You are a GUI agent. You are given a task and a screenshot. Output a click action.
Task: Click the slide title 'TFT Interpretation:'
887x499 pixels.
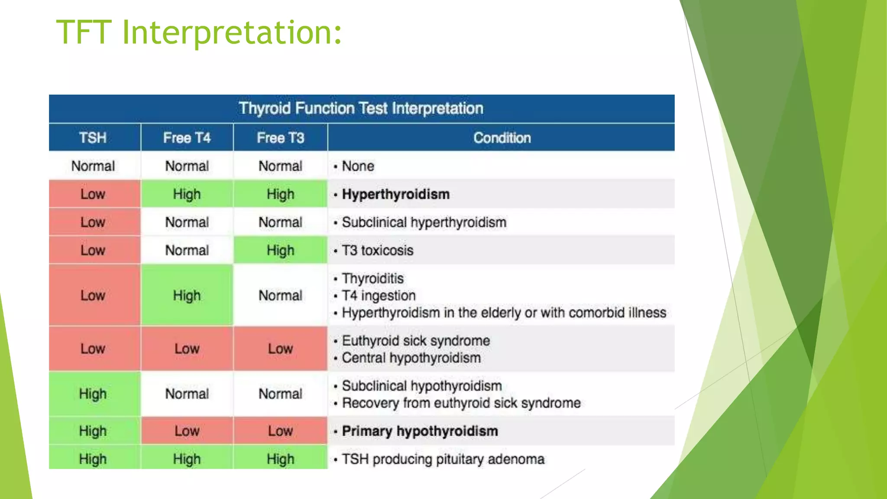coord(199,32)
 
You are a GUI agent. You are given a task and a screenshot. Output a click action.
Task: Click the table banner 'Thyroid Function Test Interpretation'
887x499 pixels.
coord(361,108)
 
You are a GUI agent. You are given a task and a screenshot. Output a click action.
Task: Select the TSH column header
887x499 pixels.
coord(93,138)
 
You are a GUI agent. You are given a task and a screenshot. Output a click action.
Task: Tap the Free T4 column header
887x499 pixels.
coord(187,138)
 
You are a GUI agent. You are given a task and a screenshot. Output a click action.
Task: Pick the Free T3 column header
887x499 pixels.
coord(280,138)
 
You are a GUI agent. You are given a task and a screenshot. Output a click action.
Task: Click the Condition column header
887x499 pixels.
coord(502,138)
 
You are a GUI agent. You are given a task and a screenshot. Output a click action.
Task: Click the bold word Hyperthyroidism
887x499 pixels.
coord(395,194)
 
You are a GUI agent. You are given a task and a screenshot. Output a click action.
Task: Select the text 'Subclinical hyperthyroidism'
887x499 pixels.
coord(424,222)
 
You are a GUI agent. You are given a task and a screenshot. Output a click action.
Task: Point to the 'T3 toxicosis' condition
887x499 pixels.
coord(377,250)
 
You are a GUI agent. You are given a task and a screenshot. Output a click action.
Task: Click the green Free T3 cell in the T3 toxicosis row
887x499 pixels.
coord(280,250)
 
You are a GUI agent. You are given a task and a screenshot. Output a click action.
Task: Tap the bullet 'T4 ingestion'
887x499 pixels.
coord(379,295)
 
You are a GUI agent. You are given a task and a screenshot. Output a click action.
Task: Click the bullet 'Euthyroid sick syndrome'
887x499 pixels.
coord(416,340)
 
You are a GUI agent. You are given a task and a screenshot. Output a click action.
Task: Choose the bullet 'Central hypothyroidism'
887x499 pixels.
coord(411,358)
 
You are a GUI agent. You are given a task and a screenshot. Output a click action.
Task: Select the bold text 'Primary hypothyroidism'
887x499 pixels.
coord(420,431)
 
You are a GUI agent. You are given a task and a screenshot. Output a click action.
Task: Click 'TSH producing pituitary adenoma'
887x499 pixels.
coord(443,459)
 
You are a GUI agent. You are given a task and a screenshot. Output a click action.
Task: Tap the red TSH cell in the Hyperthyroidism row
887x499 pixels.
coord(93,194)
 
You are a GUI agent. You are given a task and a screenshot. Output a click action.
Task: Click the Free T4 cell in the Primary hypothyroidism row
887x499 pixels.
coord(187,431)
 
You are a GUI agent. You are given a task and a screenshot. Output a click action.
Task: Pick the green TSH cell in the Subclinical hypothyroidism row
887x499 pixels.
coord(93,394)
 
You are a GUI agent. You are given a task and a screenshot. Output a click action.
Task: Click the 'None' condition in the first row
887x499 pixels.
coord(358,166)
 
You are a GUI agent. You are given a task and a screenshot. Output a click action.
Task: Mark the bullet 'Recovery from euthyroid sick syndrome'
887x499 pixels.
coord(461,403)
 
